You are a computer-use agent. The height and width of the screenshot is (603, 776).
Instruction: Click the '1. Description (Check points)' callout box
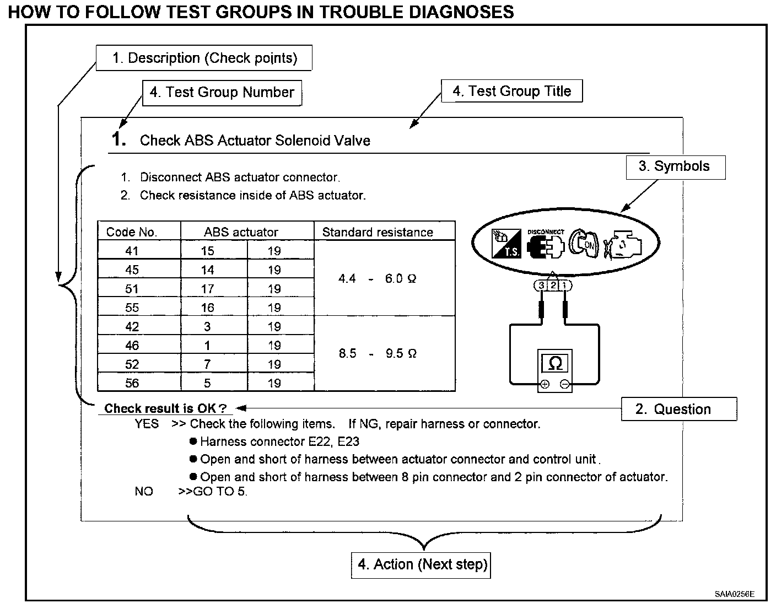click(x=204, y=58)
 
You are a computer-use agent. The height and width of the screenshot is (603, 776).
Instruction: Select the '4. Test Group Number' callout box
click(x=222, y=92)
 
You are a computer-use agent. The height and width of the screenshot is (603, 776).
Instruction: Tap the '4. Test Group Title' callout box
click(x=511, y=91)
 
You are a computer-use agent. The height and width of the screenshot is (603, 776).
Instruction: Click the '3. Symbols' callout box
click(x=675, y=166)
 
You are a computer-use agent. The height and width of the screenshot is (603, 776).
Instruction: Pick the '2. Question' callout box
click(x=678, y=409)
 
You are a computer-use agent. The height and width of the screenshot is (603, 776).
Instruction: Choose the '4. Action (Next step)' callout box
click(x=421, y=564)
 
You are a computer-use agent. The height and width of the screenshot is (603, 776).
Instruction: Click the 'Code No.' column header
click(x=132, y=232)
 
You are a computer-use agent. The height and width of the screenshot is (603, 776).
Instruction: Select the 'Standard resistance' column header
click(x=378, y=232)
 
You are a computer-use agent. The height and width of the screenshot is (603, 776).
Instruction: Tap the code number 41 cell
click(x=132, y=251)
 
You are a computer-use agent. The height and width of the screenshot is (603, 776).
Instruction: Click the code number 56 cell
click(x=132, y=383)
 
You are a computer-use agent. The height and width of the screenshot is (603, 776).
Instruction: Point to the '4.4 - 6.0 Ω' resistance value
click(x=378, y=279)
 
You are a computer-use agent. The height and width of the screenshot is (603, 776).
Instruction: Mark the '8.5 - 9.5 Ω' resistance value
click(x=378, y=353)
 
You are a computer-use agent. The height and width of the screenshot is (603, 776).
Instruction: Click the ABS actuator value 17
click(x=207, y=289)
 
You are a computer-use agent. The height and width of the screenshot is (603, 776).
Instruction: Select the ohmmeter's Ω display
click(x=555, y=363)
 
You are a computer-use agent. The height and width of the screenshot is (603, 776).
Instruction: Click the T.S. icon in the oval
click(x=506, y=243)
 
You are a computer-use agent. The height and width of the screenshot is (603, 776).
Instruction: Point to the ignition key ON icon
click(x=584, y=243)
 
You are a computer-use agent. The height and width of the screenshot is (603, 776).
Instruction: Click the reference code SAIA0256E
click(x=734, y=594)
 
